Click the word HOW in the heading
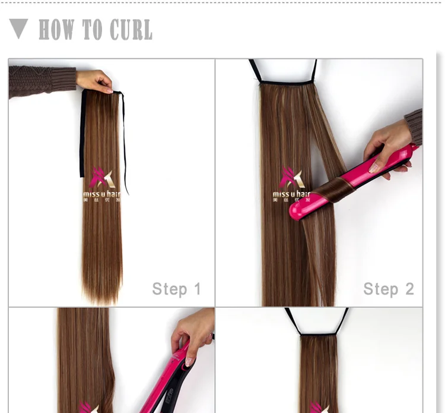58,30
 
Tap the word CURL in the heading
129,30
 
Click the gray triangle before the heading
19,28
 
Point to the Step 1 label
176,289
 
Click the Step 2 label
389,289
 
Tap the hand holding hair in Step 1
95,81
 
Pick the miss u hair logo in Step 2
291,185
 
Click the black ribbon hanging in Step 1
124,143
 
